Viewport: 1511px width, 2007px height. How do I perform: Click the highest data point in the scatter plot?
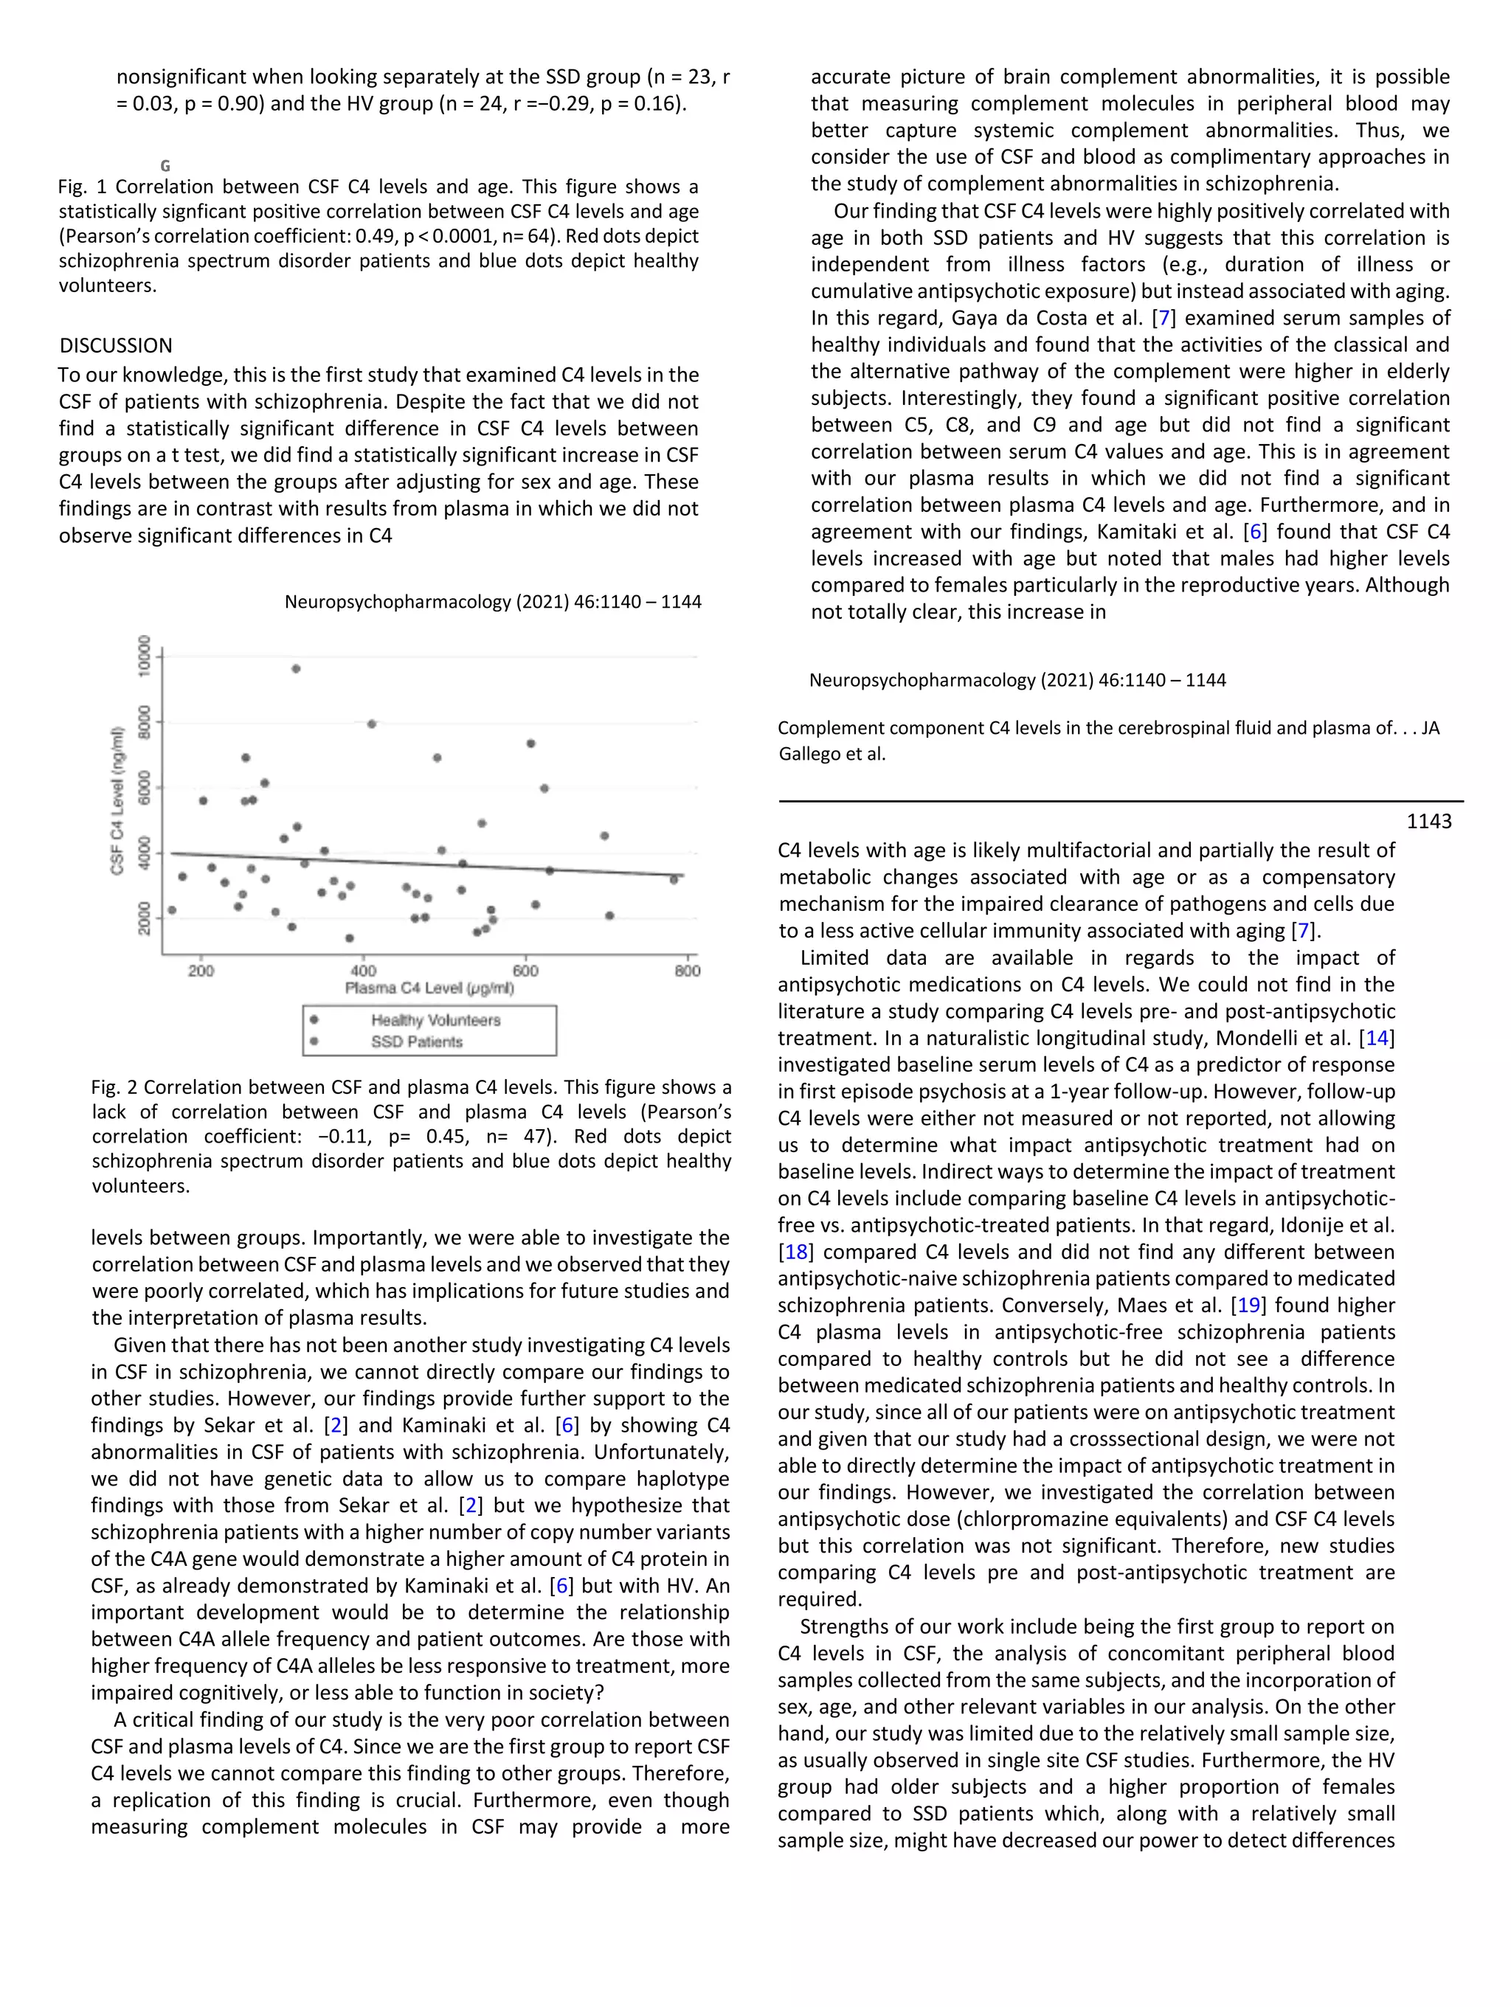(x=296, y=669)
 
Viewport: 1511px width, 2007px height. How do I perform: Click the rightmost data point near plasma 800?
(x=674, y=879)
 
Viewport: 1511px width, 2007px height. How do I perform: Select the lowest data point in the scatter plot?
(x=350, y=938)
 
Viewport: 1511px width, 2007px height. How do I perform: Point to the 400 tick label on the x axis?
(x=363, y=971)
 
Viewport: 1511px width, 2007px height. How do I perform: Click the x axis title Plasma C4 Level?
(x=429, y=988)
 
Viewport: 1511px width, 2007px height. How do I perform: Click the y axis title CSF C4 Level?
(x=117, y=800)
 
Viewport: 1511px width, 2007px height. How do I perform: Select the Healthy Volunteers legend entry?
(x=435, y=1020)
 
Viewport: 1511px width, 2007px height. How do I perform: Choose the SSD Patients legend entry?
(x=417, y=1041)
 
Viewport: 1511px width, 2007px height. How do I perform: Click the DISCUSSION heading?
(x=115, y=346)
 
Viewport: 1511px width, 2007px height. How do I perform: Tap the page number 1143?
(x=1428, y=821)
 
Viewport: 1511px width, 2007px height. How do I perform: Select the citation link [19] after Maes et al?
(x=1249, y=1306)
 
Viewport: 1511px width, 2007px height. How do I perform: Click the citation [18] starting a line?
(x=796, y=1252)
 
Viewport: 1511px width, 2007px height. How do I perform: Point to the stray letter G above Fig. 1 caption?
(x=165, y=166)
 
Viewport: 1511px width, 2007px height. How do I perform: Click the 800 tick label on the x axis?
(x=687, y=971)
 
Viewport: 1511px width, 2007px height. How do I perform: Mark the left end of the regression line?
(x=171, y=853)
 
